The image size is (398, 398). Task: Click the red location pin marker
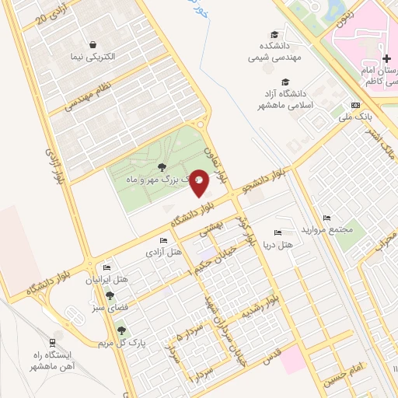coord(199,183)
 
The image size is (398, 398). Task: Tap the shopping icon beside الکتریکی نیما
coord(93,44)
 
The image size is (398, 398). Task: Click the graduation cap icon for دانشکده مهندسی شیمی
coord(274,34)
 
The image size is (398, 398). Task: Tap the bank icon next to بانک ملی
coord(355,105)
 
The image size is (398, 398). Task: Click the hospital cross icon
coord(386,59)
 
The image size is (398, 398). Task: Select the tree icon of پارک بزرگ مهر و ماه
coord(162,167)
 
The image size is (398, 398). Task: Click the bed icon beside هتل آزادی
coord(162,241)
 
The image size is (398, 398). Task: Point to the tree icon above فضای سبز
coord(110,295)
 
